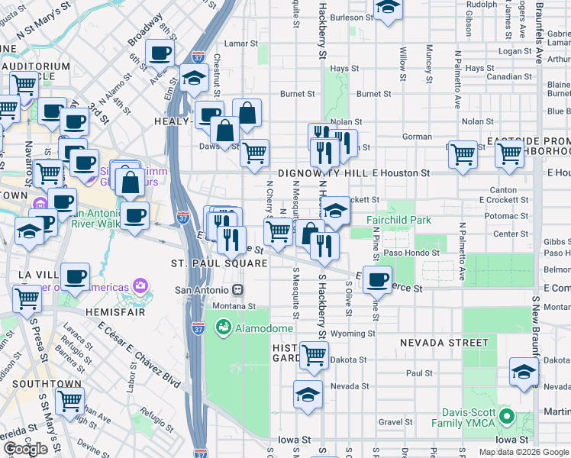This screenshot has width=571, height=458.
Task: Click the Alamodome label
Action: coord(263,328)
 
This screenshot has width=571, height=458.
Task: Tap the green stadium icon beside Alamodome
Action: coord(224,328)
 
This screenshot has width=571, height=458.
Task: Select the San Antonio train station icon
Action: coord(238,290)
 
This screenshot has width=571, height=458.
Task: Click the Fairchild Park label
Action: coord(398,220)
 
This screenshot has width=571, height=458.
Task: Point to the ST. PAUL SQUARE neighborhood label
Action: coord(218,263)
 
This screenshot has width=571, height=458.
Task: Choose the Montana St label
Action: coord(234,305)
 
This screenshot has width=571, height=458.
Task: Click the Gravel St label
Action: coord(395,421)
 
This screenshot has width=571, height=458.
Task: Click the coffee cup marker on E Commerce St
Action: coord(377,279)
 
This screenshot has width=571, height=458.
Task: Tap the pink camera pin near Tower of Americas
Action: coord(140,286)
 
